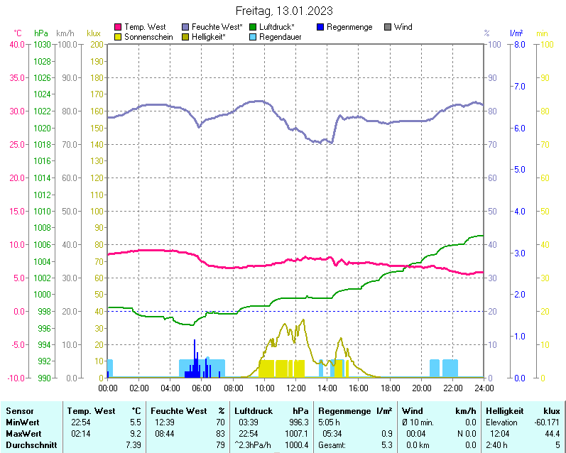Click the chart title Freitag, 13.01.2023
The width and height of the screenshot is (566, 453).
pyautogui.click(x=283, y=11)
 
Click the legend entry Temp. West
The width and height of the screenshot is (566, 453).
pyautogui.click(x=145, y=27)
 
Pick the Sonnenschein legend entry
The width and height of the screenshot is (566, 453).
pyautogui.click(x=148, y=36)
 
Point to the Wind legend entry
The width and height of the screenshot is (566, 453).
pyautogui.click(x=403, y=27)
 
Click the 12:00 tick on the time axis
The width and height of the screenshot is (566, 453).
pyautogui.click(x=295, y=388)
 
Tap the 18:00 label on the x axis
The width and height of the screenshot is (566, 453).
pyautogui.click(x=390, y=388)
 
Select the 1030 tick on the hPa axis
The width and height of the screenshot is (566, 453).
pyautogui.click(x=42, y=44)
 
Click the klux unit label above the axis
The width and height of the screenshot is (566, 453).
pyautogui.click(x=93, y=33)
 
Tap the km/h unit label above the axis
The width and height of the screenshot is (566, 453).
pyautogui.click(x=65, y=33)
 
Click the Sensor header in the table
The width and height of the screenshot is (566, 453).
pyautogui.click(x=19, y=411)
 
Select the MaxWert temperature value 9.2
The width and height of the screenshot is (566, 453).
pyautogui.click(x=135, y=433)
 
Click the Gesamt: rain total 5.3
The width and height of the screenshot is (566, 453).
pyautogui.click(x=386, y=444)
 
